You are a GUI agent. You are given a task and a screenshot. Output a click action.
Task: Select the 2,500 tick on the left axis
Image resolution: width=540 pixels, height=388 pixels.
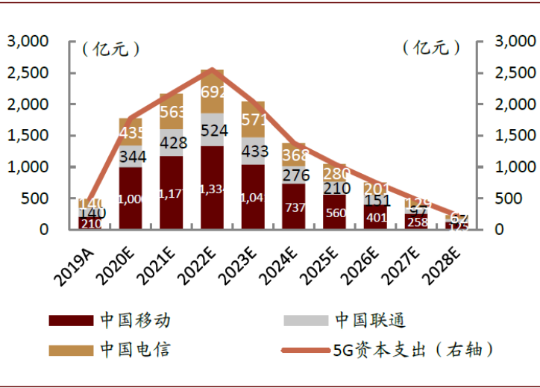coord(28,73)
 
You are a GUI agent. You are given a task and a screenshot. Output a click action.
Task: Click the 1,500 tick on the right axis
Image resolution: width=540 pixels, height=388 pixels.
coord(514,136)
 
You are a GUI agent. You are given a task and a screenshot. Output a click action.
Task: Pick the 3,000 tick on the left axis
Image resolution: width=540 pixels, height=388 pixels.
coord(28,42)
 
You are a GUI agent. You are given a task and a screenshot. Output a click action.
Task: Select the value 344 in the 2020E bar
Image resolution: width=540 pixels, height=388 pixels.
coord(131,157)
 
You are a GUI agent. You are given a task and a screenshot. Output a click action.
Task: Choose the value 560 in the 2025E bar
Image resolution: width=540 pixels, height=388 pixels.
coord(335,212)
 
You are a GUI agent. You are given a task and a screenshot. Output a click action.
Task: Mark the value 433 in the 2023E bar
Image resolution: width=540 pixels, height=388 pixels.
coord(253,150)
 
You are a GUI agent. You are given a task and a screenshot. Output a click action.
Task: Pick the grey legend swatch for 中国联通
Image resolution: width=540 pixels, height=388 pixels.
coord(306,321)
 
